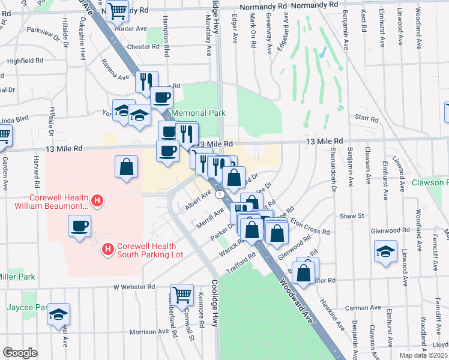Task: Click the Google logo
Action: [20, 353]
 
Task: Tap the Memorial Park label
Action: [198, 113]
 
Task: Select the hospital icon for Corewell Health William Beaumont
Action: [96, 200]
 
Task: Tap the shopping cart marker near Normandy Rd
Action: [117, 10]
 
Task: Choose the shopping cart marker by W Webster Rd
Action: [182, 294]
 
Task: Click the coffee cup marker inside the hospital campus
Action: [80, 226]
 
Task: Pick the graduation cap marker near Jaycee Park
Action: [58, 314]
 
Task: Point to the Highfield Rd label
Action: [25, 61]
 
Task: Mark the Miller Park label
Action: [17, 277]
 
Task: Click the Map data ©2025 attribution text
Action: [424, 355]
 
